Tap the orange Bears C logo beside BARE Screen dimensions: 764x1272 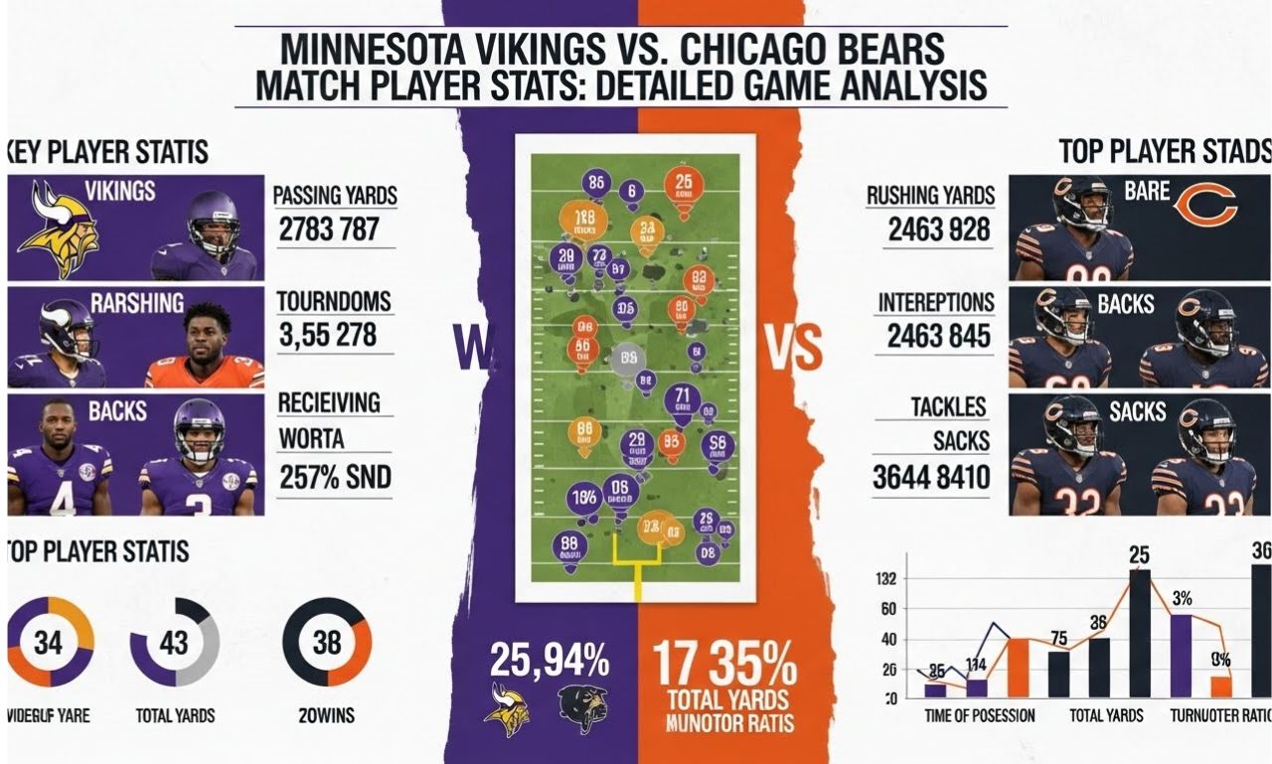pos(1204,206)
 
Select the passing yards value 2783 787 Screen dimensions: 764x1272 pos(328,229)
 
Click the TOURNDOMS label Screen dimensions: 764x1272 pos(334,301)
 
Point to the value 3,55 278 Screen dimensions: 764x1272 pos(327,335)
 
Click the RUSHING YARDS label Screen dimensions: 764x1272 pos(930,197)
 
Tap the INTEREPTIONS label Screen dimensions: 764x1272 pos(935,302)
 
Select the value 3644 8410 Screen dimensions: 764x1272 pos(931,478)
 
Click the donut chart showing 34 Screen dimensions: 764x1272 pos(49,643)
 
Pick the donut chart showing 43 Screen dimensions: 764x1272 pos(174,643)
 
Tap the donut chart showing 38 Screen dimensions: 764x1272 pos(327,642)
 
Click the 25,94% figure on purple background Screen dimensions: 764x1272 pos(549,660)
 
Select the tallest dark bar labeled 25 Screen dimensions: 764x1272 pos(1139,632)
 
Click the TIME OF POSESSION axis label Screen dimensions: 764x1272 pos(979,715)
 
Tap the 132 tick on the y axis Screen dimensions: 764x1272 pos(886,579)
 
